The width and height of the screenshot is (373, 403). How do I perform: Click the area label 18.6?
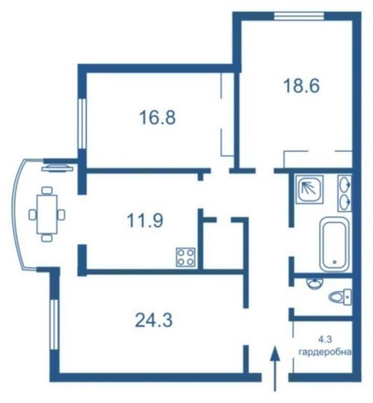pos(301,86)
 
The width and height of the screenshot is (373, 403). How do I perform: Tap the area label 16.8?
pos(157,117)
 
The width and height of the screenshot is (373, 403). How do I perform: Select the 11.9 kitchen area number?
pos(145,221)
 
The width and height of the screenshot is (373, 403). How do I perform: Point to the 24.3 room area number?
pos(154,320)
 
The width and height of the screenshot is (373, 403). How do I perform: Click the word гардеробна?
pos(325,352)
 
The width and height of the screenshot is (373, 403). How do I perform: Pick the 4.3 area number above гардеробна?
pos(325,339)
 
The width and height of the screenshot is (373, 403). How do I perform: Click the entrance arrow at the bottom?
pos(275,369)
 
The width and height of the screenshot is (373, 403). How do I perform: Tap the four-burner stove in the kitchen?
pos(186,257)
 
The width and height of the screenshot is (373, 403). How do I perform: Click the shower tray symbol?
pos(309,189)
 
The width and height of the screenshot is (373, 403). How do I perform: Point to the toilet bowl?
pos(340,297)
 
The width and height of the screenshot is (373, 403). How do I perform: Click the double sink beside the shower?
pos(345,194)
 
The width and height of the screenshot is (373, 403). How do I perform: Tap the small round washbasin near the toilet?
pos(315,283)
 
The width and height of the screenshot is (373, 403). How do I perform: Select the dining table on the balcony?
pos(47,215)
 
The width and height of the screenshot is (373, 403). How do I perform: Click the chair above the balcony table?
pos(47,191)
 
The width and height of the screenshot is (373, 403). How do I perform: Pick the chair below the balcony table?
pos(47,238)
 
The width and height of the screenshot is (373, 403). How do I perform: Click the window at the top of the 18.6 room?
pos(299,16)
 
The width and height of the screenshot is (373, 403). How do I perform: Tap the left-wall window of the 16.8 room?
pos(82,123)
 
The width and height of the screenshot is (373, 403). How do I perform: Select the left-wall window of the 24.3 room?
pos(54,324)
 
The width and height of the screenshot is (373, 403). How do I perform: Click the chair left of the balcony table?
pos(33,215)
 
